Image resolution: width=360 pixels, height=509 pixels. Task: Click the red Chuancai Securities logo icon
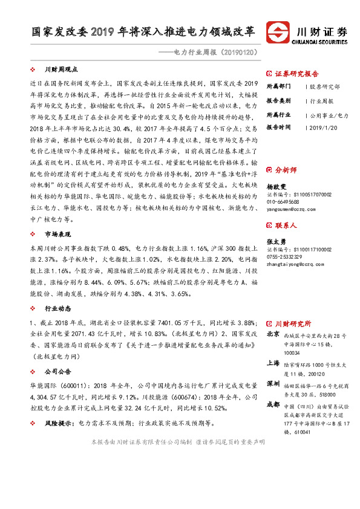click(279, 34)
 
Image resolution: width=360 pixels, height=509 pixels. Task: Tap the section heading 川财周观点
click(62, 70)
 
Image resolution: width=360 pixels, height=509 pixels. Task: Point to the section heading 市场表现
click(57, 216)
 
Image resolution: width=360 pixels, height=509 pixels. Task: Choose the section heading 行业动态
click(57, 308)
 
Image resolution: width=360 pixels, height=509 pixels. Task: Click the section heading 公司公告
click(57, 371)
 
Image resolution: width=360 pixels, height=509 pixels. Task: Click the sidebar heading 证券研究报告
click(296, 74)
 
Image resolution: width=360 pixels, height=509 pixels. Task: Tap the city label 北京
click(273, 334)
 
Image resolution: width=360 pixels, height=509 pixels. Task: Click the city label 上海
click(273, 363)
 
